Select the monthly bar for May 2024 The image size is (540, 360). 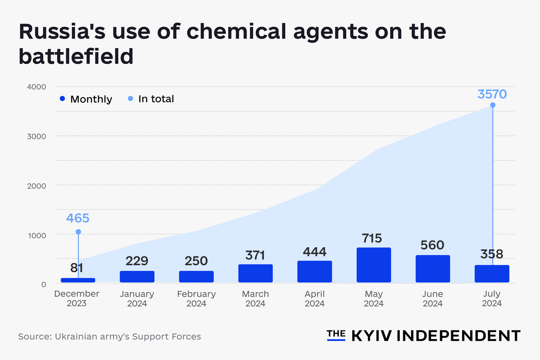coord(374,265)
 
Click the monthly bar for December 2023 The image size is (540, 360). coord(78,280)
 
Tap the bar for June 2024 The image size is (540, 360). coord(432,269)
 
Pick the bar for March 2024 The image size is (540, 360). coord(255,273)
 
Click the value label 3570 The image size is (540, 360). coord(492,94)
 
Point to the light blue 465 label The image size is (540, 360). coord(78,218)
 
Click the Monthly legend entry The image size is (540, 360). coord(86,99)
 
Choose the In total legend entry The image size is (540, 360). coord(151,99)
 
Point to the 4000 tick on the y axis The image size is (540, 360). coord(37,87)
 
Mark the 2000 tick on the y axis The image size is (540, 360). coord(37,185)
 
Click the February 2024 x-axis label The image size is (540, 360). coord(196,299)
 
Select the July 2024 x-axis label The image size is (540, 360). coord(492,299)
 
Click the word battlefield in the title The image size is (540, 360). coord(76,56)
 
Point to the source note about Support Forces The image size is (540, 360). coord(109,336)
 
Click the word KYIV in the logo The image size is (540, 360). coord(371,336)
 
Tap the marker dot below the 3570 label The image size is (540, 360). coord(493,105)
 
